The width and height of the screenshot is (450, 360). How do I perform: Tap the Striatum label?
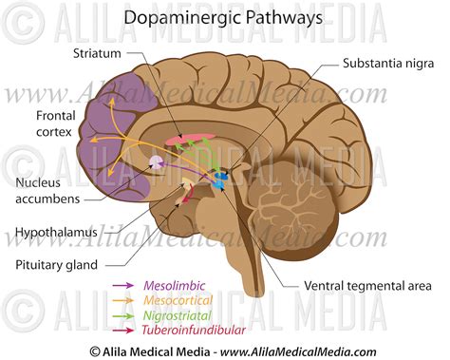(x=98, y=52)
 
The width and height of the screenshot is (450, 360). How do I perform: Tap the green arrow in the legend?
(x=123, y=315)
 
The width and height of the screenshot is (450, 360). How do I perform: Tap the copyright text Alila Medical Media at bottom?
(x=225, y=351)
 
